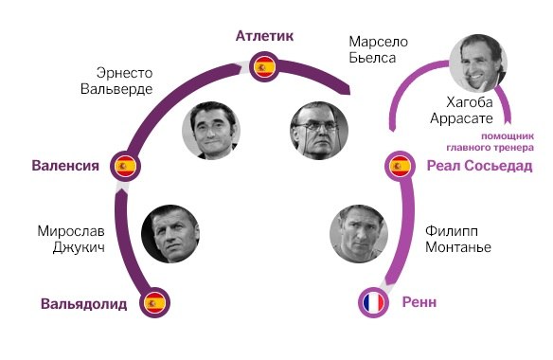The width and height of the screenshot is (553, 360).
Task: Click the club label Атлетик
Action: point(265,36)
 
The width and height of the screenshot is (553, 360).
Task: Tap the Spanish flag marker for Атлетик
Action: point(265,67)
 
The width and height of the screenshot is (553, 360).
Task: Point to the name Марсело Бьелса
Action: point(379,48)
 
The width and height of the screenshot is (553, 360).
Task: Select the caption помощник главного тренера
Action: point(490,141)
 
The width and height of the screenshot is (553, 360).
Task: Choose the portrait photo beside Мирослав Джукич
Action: point(169,233)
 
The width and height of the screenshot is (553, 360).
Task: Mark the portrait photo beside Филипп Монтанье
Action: point(359,233)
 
